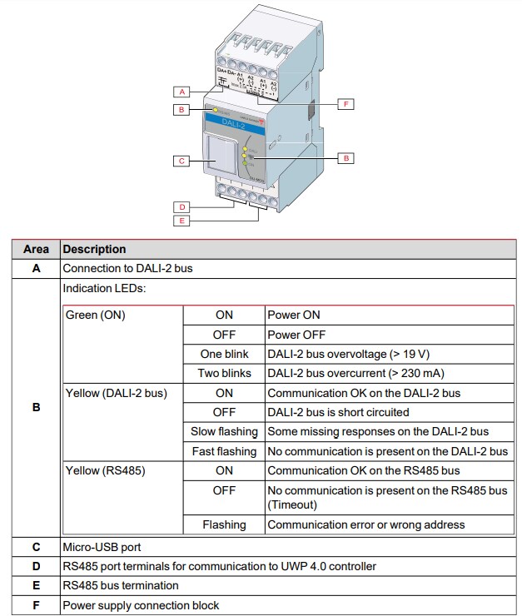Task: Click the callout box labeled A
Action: click(182, 92)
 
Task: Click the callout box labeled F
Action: click(346, 104)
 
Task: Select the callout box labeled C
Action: click(182, 161)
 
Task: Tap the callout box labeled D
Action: click(182, 206)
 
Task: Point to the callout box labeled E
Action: click(182, 221)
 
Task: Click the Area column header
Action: click(36, 249)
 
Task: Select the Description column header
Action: click(95, 249)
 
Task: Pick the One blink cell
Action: click(224, 354)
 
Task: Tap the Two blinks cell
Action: click(224, 373)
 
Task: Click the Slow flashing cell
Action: click(224, 431)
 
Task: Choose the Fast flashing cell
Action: click(224, 451)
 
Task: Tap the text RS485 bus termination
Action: click(121, 585)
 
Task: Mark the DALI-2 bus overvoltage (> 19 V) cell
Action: click(348, 354)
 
